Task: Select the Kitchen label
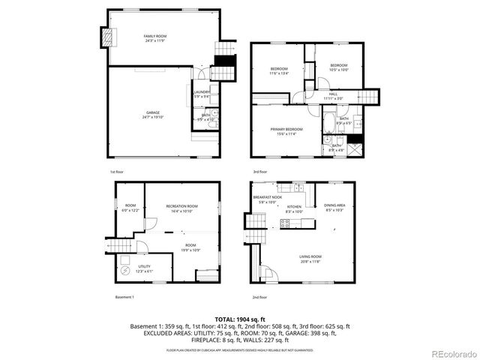click(294, 208)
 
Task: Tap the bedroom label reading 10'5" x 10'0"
click(340, 67)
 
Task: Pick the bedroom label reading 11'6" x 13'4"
click(278, 71)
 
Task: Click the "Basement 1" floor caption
click(124, 298)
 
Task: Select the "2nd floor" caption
click(259, 298)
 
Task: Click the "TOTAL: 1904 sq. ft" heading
click(240, 319)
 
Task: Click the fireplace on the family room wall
click(106, 36)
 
